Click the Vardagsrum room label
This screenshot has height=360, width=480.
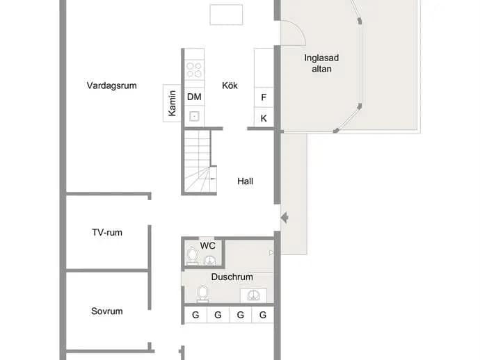[112, 85]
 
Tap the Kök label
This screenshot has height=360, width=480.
[230, 85]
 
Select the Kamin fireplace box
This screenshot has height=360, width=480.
[172, 103]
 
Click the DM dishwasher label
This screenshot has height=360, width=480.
[194, 97]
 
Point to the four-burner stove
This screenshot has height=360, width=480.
[194, 69]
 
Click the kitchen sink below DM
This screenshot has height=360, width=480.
[194, 116]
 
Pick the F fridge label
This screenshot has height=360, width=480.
[264, 97]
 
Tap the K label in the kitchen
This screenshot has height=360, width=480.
[264, 118]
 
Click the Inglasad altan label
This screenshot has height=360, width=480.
[321, 63]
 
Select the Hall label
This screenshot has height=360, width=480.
[245, 181]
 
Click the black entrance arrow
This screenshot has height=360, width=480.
[285, 218]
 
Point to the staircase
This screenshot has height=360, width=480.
[199, 161]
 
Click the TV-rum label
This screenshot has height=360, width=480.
[107, 232]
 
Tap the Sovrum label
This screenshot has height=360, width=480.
[107, 311]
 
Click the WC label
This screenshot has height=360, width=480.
[207, 245]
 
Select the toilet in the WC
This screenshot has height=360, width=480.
[192, 256]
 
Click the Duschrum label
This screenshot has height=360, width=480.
[232, 277]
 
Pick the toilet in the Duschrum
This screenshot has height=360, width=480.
[202, 293]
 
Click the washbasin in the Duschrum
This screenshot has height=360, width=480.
[253, 295]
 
